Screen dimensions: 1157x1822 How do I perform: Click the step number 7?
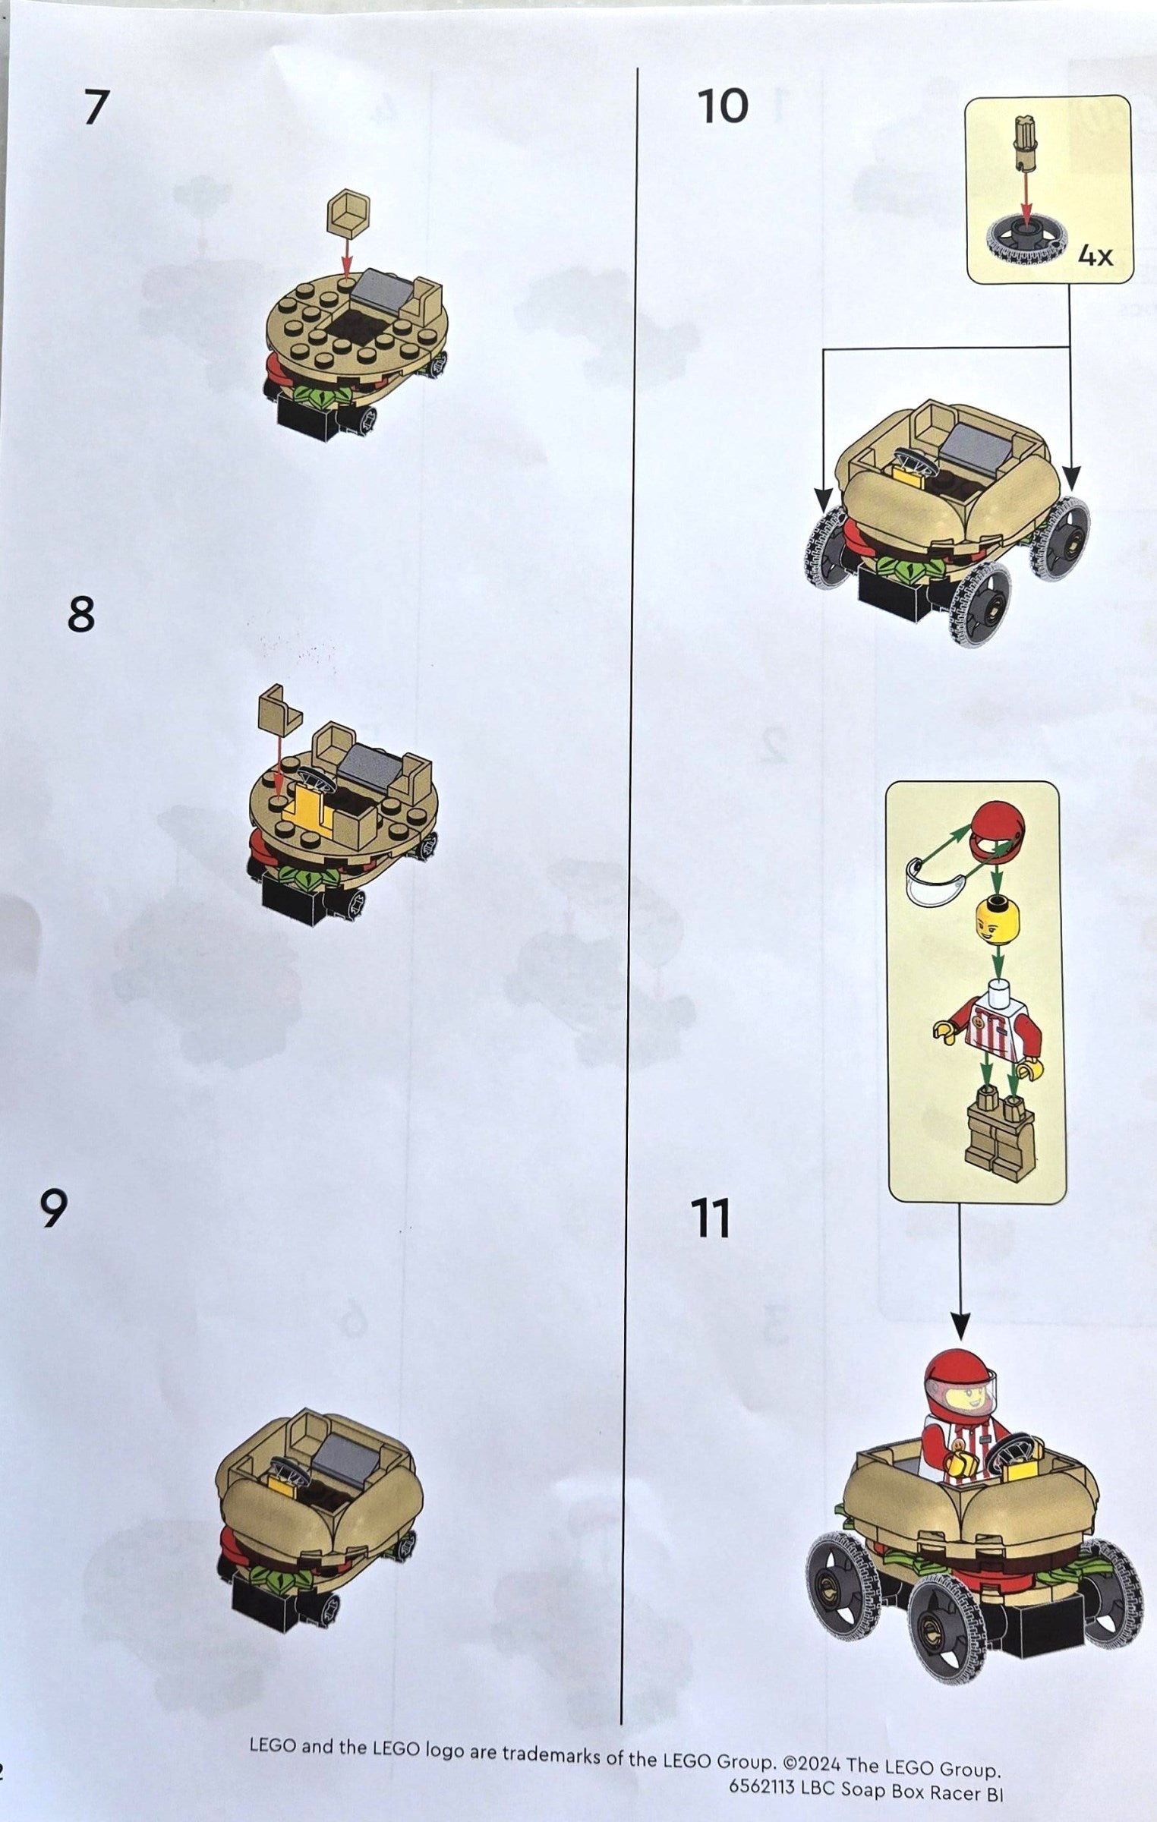[x=93, y=107]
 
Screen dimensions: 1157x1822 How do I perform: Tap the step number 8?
[x=81, y=614]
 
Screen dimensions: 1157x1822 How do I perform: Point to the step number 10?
[x=723, y=106]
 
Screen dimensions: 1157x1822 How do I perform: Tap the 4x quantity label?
[x=1095, y=257]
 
